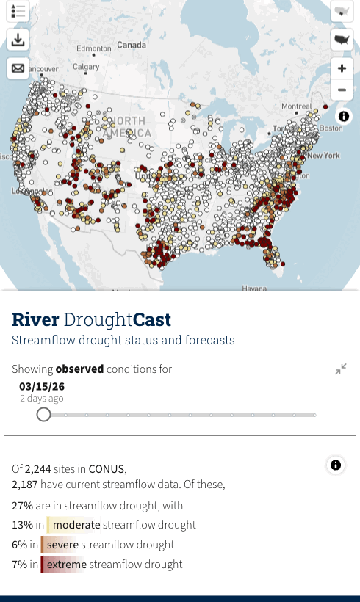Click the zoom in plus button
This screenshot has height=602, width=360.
(342, 68)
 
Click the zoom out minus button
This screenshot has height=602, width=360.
(342, 91)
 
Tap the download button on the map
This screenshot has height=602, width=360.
(18, 40)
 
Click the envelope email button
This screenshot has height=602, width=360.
(18, 68)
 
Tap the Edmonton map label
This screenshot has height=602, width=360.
(93, 48)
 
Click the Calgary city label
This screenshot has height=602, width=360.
(85, 67)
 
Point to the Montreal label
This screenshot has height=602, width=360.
(297, 106)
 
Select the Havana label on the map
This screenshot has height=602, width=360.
(254, 289)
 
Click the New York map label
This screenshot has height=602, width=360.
(323, 156)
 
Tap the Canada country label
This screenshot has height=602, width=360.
(132, 45)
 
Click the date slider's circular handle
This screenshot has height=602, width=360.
(44, 415)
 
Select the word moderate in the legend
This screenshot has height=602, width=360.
(76, 525)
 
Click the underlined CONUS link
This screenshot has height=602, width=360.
(107, 469)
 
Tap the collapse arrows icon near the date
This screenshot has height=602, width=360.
(341, 369)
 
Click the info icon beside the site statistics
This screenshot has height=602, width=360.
(336, 465)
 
